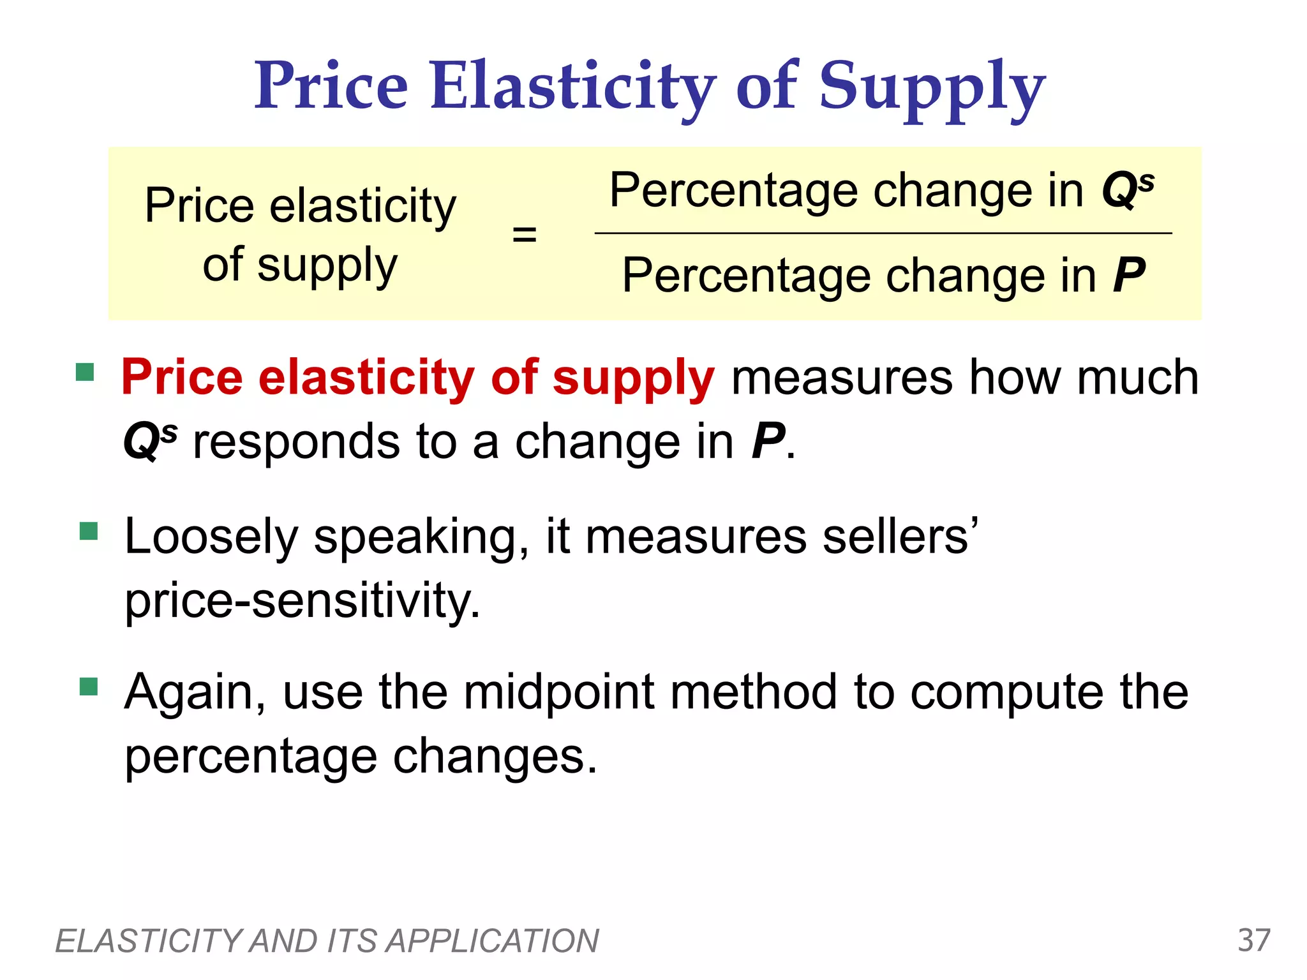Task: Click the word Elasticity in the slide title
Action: pos(572,86)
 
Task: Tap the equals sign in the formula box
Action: pos(525,235)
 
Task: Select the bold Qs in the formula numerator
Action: pos(1127,190)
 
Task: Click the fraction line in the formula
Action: pos(883,234)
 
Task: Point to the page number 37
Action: pos(1253,940)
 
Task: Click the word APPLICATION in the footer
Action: pos(492,941)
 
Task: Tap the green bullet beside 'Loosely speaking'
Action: pos(89,531)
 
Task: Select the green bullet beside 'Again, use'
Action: pos(89,687)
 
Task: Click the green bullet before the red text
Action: pos(85,371)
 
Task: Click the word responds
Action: pos(296,442)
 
